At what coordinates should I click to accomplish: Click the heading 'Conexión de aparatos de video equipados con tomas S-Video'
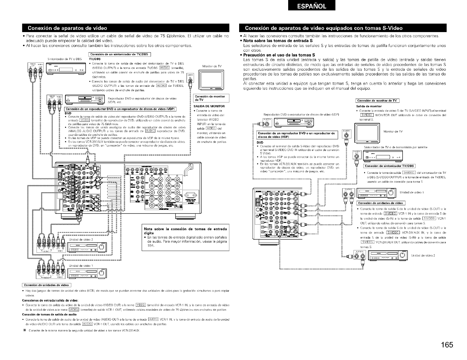pos(324,28)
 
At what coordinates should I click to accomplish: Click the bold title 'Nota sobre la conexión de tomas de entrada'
pos(185,229)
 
